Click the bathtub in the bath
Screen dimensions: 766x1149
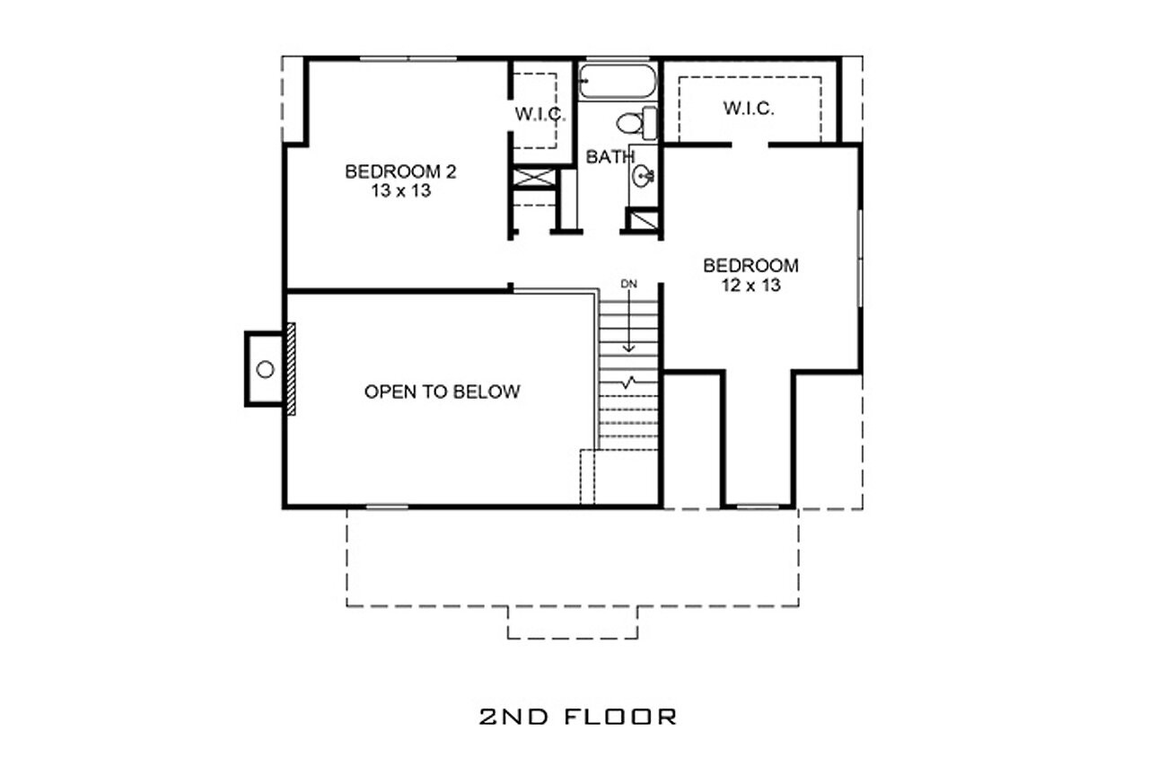[x=618, y=82]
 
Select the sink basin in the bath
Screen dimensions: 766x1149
[x=643, y=176]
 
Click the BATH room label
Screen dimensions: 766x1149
[x=610, y=157]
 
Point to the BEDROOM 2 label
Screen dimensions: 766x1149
[x=399, y=172]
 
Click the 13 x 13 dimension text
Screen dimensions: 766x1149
[x=399, y=190]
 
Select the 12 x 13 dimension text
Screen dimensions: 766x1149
[x=750, y=286]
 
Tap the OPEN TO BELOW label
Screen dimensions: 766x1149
[x=442, y=392]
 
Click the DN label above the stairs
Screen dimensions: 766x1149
[x=628, y=284]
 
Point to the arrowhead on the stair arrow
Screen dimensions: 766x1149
[x=628, y=348]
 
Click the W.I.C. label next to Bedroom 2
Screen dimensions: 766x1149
[x=539, y=114]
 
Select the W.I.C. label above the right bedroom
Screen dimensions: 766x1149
[x=749, y=109]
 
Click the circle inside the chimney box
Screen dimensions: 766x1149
[x=265, y=368]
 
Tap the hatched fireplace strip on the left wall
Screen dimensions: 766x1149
[x=291, y=368]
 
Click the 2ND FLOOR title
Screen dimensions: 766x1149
[x=577, y=716]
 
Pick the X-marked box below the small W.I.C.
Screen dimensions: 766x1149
[x=533, y=176]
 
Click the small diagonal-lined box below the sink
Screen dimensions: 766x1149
[x=642, y=221]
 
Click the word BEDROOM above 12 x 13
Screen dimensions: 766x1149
[x=750, y=266]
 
